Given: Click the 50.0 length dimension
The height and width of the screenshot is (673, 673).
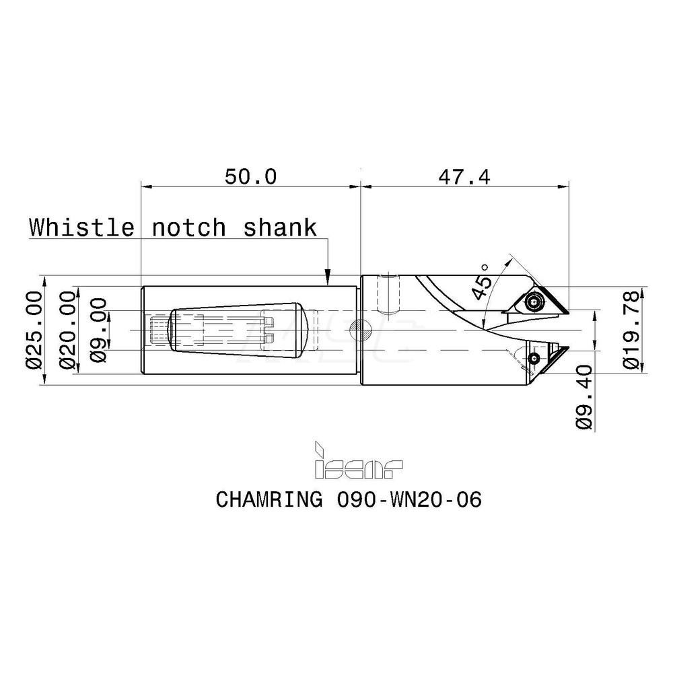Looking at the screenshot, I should click(x=250, y=177).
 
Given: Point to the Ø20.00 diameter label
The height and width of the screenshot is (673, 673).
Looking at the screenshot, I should click(x=67, y=330).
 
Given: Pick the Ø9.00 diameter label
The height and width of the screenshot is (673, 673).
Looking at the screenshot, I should click(x=98, y=330).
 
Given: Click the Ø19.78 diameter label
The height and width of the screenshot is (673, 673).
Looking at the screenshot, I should click(x=633, y=330).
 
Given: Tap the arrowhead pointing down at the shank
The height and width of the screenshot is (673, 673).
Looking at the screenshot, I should click(x=328, y=275).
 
